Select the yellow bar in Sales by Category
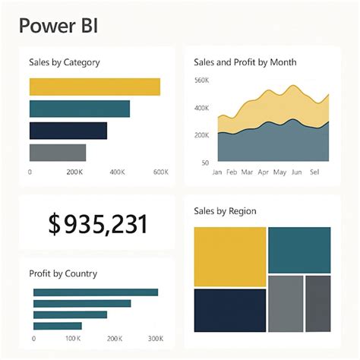(x=94, y=87)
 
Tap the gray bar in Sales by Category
(x=58, y=153)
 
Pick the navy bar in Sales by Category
(x=68, y=131)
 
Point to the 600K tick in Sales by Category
(x=160, y=172)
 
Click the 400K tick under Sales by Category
(x=117, y=172)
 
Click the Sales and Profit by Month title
(x=245, y=62)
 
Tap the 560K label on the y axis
(x=201, y=81)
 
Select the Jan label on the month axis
(x=217, y=172)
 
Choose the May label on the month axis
(x=280, y=172)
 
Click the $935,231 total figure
(x=97, y=224)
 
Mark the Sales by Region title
(x=225, y=210)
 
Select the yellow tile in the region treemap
(x=230, y=255)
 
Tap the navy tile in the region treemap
(x=230, y=310)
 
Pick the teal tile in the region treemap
(x=299, y=250)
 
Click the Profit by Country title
(x=62, y=273)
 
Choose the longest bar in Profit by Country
(x=96, y=292)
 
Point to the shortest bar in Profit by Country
(x=57, y=326)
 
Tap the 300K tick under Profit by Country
(x=155, y=338)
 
